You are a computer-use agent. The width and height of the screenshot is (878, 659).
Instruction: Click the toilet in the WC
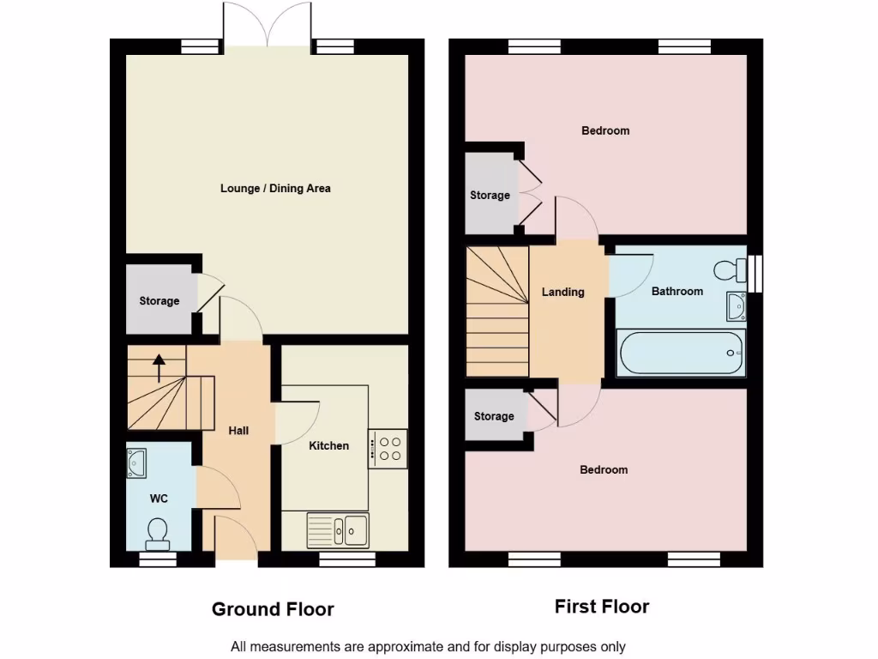tap(157, 533)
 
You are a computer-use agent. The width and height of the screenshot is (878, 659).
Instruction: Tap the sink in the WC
tap(136, 463)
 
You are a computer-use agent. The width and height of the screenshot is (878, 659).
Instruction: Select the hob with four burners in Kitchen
tap(388, 448)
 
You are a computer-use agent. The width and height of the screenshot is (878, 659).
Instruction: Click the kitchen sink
tap(338, 530)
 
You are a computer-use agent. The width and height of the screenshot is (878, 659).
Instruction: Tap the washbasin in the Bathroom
tap(736, 305)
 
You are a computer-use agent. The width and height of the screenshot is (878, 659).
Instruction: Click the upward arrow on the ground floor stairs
tap(159, 368)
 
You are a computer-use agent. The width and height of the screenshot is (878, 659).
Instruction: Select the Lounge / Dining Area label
tap(275, 188)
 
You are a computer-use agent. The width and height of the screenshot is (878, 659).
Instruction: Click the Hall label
tap(238, 430)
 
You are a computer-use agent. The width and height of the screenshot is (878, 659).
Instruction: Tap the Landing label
tap(562, 292)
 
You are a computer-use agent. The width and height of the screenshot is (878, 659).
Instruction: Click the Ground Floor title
tap(273, 609)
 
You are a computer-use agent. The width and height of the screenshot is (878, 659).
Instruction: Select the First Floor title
tap(601, 607)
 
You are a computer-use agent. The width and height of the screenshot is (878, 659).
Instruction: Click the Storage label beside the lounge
tap(159, 301)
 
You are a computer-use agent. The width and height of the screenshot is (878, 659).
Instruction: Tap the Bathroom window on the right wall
tap(755, 273)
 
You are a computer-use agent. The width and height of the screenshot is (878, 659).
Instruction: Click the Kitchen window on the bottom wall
tap(347, 559)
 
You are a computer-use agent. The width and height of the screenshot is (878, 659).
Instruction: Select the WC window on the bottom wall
tap(158, 559)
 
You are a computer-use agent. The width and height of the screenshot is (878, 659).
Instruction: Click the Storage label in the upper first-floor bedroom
tap(490, 196)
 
